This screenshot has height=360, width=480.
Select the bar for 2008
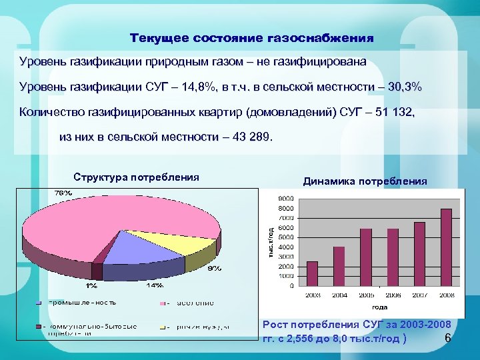446,247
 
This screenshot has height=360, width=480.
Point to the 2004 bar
339,266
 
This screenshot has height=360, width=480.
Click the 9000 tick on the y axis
285,198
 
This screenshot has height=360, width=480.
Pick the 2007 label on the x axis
419,294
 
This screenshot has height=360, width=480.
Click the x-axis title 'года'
379,307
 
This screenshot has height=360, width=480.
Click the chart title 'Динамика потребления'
365,181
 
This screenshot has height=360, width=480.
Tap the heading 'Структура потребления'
137,177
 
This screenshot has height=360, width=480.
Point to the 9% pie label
214,269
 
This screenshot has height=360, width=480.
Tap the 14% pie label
155,285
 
